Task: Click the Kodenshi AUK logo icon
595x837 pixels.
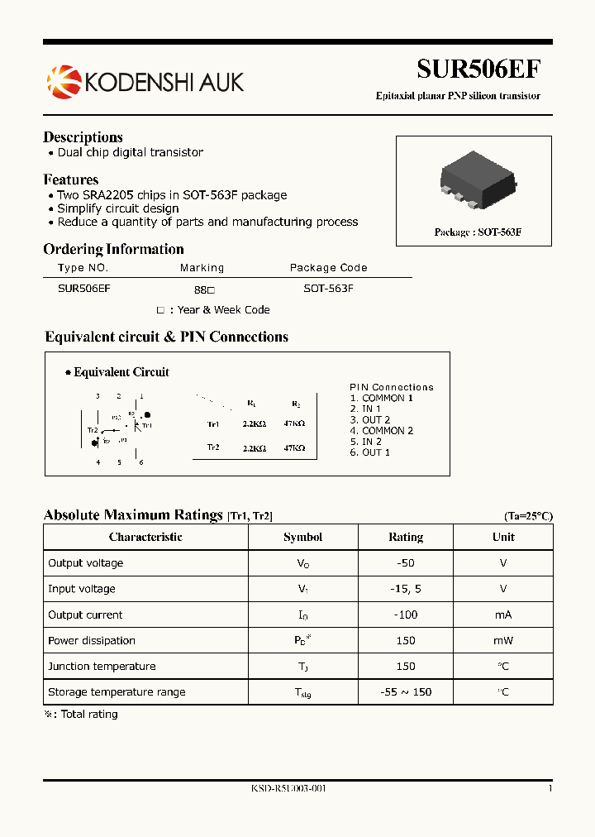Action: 63,81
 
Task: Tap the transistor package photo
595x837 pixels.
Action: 478,179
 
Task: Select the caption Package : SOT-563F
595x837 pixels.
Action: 478,232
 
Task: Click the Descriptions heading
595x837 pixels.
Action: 83,137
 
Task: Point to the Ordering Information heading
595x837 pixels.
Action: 113,249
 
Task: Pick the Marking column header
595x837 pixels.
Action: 202,268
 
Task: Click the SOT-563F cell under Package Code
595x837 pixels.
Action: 328,289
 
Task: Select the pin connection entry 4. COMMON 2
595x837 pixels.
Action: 381,431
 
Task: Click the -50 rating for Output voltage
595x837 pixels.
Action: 405,563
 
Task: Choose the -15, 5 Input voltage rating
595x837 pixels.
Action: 405,589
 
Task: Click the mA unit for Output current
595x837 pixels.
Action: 503,615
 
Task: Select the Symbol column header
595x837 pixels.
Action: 302,538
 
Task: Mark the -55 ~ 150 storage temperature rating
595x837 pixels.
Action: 405,692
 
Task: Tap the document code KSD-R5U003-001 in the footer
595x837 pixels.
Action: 288,789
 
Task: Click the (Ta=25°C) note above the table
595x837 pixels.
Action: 528,516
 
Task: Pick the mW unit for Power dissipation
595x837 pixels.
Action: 503,641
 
